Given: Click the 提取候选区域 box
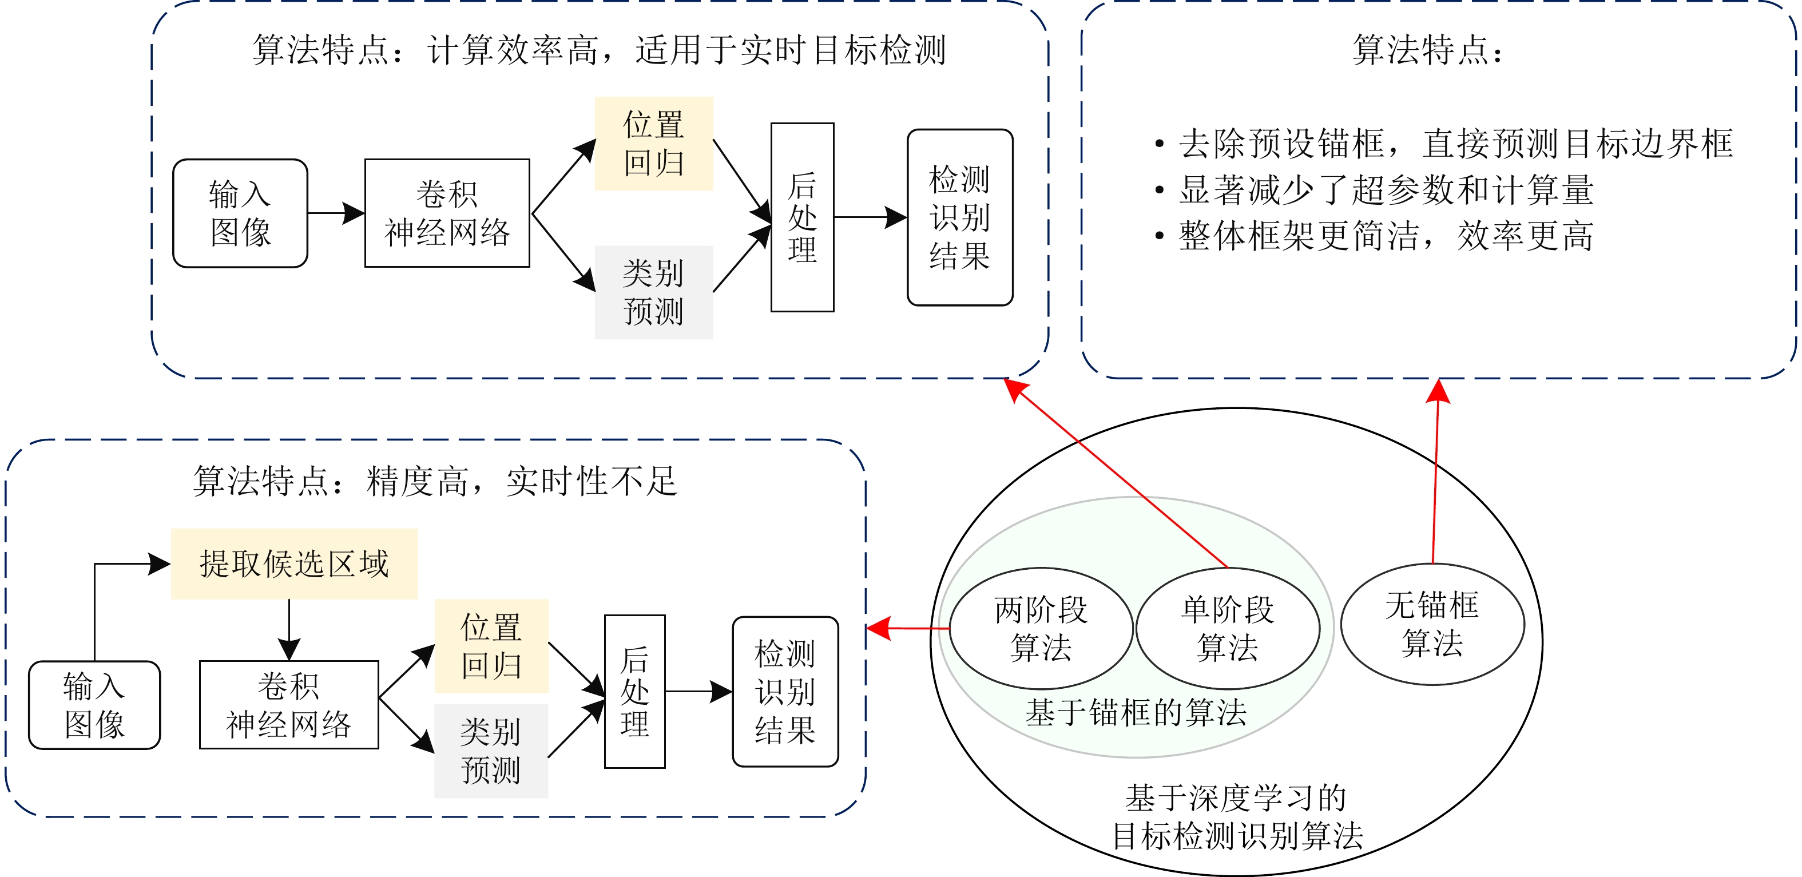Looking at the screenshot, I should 294,563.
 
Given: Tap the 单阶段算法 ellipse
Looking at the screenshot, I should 1227,629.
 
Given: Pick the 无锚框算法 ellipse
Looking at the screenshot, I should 1431,624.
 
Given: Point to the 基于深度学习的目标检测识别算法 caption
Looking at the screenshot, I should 1237,817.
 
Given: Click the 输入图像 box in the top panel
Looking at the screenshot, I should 240,213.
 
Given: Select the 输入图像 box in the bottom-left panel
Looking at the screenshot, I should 94,705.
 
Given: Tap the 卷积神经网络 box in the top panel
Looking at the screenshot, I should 447,213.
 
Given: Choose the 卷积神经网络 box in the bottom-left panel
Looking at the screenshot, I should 289,705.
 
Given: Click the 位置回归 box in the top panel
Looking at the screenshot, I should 653,144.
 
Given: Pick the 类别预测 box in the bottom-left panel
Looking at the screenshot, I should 491,751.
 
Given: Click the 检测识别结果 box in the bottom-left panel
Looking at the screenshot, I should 785,692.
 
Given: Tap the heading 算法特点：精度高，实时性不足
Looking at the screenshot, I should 435,481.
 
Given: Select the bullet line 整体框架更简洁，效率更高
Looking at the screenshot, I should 1385,236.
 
